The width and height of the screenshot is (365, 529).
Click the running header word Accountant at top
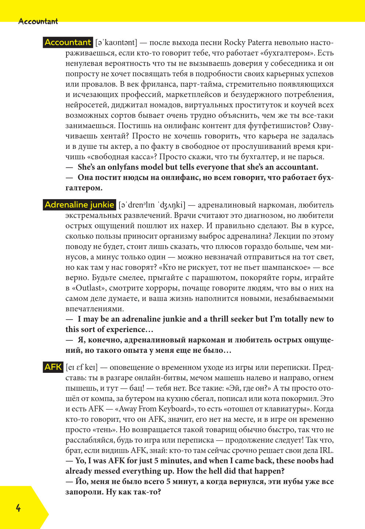pyautogui.click(x=38, y=22)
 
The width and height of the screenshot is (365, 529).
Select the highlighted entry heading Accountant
pyautogui.click(x=68, y=42)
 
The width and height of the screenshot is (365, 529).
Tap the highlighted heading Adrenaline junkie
pyautogui.click(x=79, y=205)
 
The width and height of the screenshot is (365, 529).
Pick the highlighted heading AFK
pyautogui.click(x=53, y=367)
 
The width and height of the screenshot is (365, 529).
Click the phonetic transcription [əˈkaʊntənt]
pyautogui.click(x=116, y=43)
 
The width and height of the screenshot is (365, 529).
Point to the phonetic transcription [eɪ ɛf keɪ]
pyautogui.click(x=81, y=367)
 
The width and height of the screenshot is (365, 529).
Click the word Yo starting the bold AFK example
pyautogui.click(x=80, y=461)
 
